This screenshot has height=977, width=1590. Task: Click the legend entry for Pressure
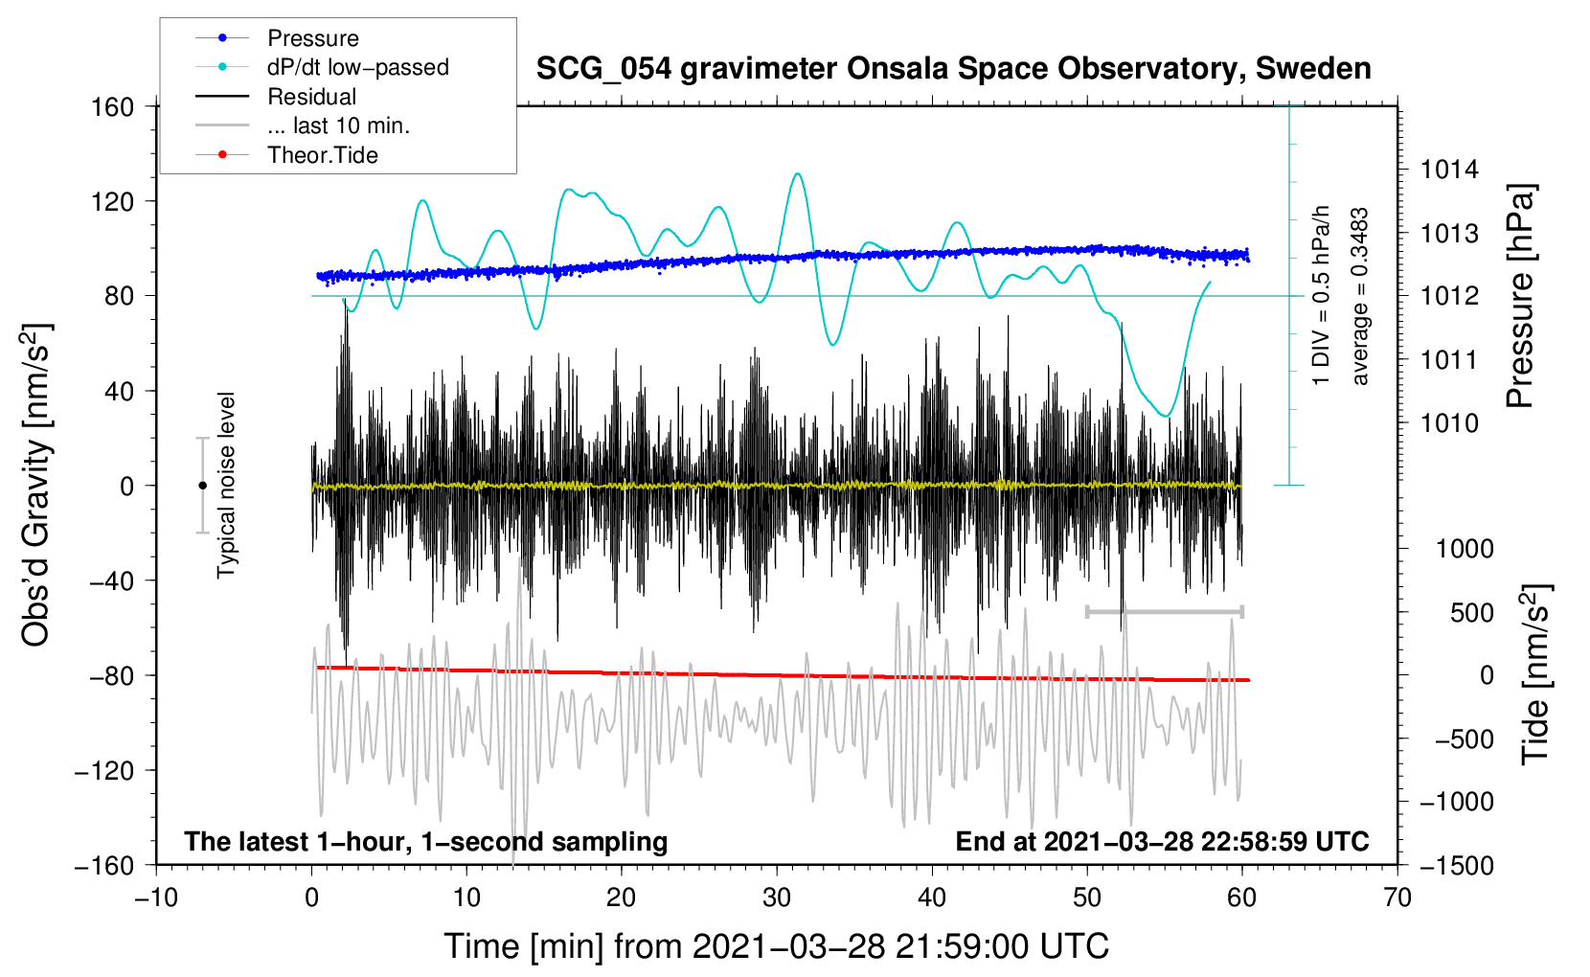click(x=313, y=37)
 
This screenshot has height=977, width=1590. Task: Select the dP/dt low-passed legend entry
click(x=358, y=67)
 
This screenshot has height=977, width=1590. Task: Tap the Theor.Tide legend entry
click(x=322, y=155)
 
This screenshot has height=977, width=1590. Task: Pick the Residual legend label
click(x=311, y=97)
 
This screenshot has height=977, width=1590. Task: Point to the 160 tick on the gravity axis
click(x=113, y=107)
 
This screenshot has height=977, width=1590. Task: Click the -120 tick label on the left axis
click(x=104, y=770)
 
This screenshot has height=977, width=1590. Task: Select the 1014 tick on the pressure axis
click(x=1449, y=170)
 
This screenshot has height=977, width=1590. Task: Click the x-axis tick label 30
click(x=777, y=898)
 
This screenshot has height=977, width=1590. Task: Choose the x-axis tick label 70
click(x=1397, y=898)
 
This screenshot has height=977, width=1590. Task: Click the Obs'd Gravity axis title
click(x=36, y=485)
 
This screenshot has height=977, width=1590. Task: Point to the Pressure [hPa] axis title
click(x=1520, y=296)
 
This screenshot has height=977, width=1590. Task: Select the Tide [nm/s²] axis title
click(x=1536, y=674)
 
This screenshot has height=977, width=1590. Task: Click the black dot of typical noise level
click(x=202, y=486)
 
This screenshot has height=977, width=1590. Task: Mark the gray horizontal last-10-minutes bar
click(x=1164, y=611)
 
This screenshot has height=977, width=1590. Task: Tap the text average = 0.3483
click(x=1359, y=297)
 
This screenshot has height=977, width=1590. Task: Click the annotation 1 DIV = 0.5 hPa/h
click(x=1320, y=296)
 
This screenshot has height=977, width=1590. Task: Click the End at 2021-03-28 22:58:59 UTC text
click(x=1162, y=841)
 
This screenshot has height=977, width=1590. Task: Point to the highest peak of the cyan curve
click(x=798, y=173)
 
